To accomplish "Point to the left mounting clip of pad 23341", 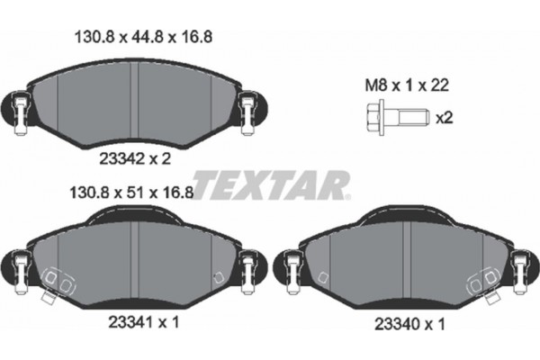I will pos(22,266).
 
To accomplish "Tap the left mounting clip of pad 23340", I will pos(291,267).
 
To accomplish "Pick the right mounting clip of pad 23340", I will pos(518,267).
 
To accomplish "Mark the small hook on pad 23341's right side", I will pos(213,277).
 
